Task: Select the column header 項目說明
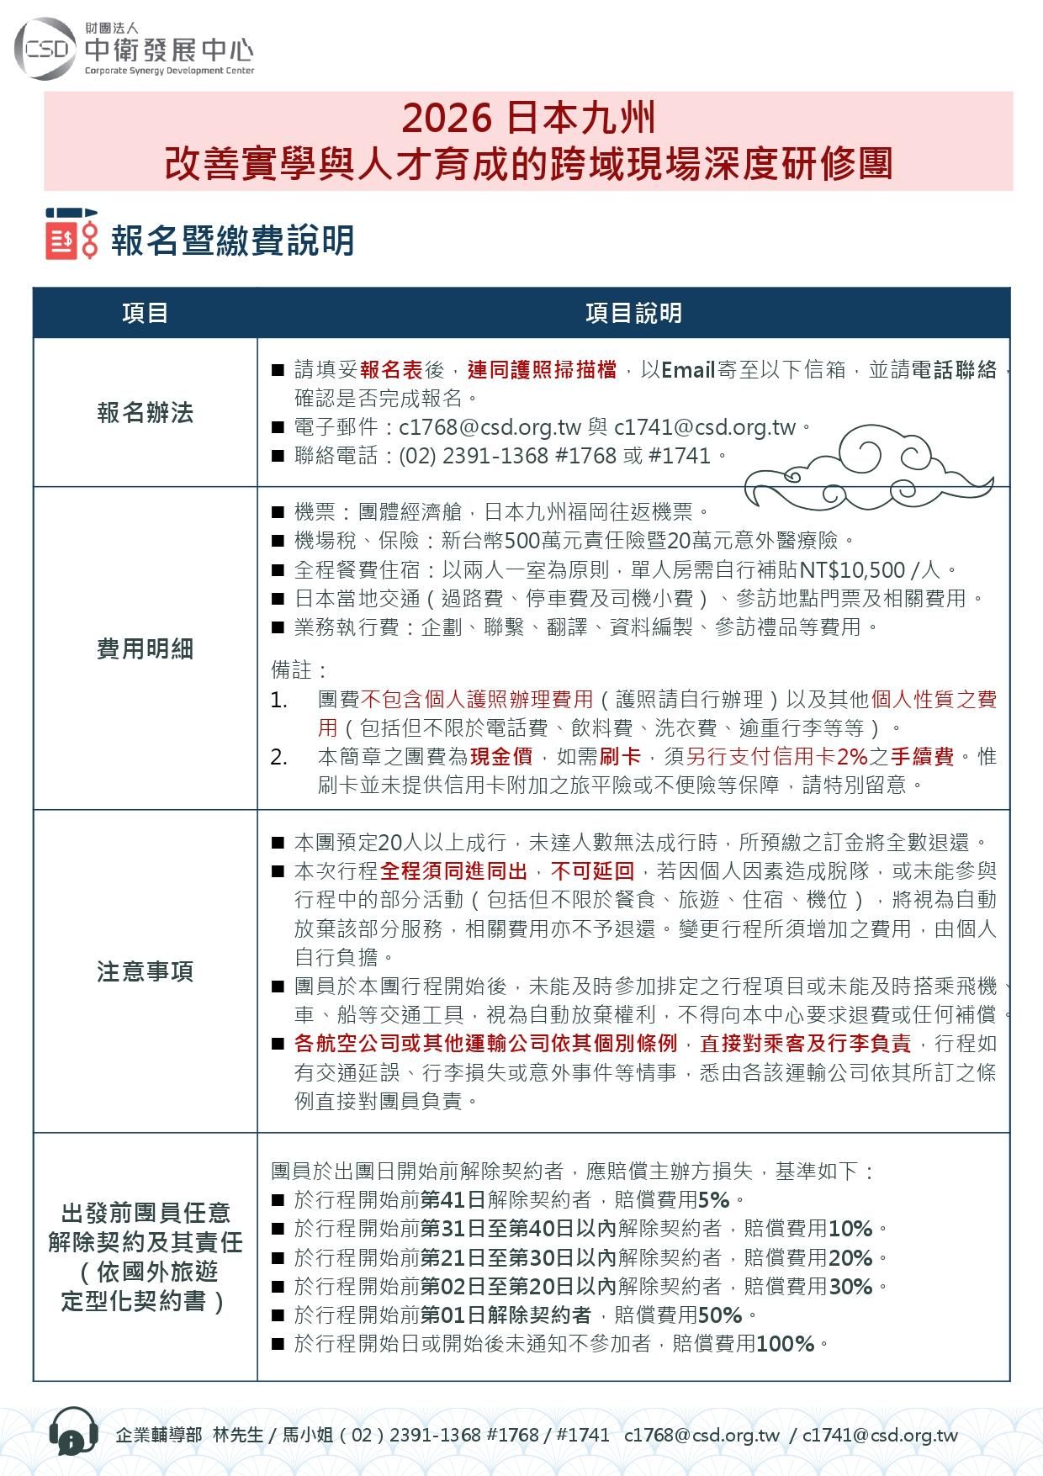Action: coord(633,314)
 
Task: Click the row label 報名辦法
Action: coord(145,413)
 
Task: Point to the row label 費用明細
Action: coord(145,648)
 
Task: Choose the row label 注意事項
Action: coord(145,971)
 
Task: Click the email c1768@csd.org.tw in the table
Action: coord(490,427)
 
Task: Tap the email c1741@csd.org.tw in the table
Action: coord(705,427)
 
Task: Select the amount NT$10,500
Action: coord(852,570)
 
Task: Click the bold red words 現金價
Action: coord(500,756)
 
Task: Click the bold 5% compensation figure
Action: coord(713,1199)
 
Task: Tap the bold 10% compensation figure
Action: coord(850,1229)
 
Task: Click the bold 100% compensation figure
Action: coord(786,1344)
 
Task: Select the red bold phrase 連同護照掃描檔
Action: coord(542,370)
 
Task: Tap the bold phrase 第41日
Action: coord(452,1199)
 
